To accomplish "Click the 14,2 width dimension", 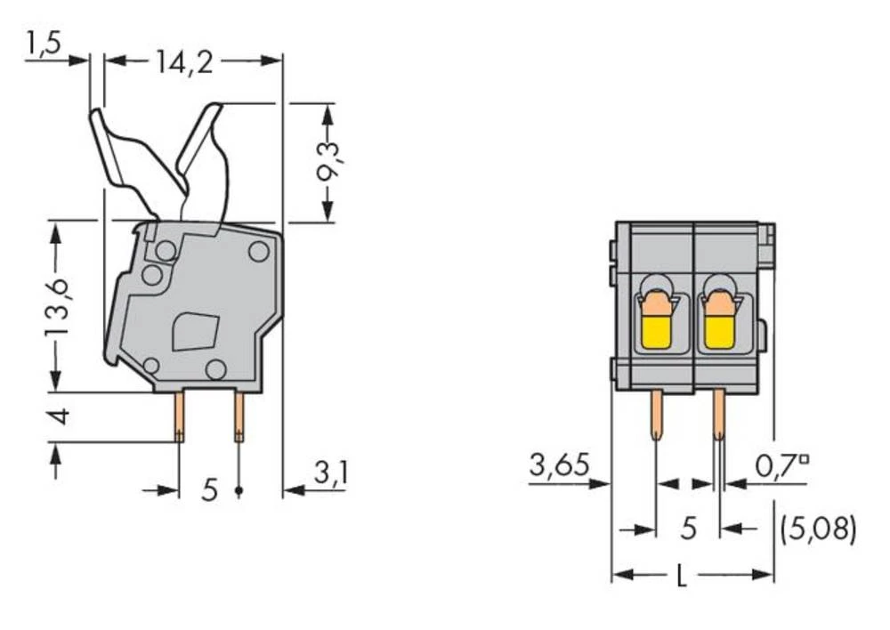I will pyautogui.click(x=185, y=61).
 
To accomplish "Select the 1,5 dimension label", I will pyautogui.click(x=42, y=44).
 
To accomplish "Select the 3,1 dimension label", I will pyautogui.click(x=330, y=473).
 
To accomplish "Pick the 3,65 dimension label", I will pyautogui.click(x=559, y=465).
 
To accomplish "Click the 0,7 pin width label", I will pyautogui.click(x=781, y=465).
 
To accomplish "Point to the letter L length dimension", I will pyautogui.click(x=682, y=577).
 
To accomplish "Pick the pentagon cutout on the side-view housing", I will pyautogui.click(x=196, y=331).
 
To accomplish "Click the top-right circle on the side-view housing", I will pyautogui.click(x=258, y=252).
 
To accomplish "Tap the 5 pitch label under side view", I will pyautogui.click(x=209, y=489).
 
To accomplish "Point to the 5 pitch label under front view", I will pyautogui.click(x=688, y=529).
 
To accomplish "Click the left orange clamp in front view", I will pyautogui.click(x=656, y=305).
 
